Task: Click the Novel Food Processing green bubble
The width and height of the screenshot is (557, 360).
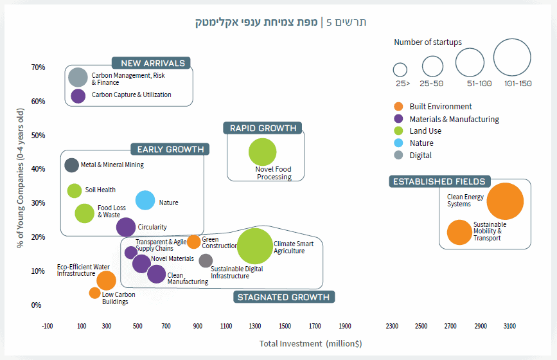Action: pyautogui.click(x=262, y=152)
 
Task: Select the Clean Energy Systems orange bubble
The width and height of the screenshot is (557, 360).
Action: pyautogui.click(x=506, y=201)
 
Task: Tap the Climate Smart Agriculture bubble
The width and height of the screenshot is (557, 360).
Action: pyautogui.click(x=255, y=247)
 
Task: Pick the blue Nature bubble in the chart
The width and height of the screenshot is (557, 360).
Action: pyautogui.click(x=146, y=201)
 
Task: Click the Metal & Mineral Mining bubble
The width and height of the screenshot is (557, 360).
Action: pyautogui.click(x=72, y=165)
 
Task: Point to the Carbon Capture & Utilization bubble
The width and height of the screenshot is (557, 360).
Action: pyautogui.click(x=78, y=96)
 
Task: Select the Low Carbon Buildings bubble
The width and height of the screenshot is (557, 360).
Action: pyautogui.click(x=95, y=293)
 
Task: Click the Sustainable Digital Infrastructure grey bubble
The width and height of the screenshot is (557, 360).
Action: pyautogui.click(x=206, y=260)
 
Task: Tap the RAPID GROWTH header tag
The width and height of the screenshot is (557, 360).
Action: pyautogui.click(x=263, y=129)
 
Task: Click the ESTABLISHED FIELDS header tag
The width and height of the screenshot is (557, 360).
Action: pyautogui.click(x=439, y=182)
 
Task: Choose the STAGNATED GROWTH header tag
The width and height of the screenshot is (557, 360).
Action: pyautogui.click(x=283, y=297)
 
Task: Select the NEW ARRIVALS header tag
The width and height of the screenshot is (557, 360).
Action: pyautogui.click(x=153, y=63)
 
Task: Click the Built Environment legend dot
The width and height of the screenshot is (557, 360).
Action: pyautogui.click(x=398, y=107)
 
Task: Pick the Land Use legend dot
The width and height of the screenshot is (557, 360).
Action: pyautogui.click(x=398, y=131)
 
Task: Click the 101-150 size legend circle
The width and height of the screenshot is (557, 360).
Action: pyautogui.click(x=512, y=58)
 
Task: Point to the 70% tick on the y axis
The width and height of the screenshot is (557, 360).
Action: pyautogui.click(x=37, y=67)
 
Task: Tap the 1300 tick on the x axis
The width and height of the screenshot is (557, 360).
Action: pyautogui.click(x=255, y=327)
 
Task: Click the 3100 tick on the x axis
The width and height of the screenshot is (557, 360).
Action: pyautogui.click(x=509, y=327)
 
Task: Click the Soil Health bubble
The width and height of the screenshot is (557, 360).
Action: pyautogui.click(x=75, y=190)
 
